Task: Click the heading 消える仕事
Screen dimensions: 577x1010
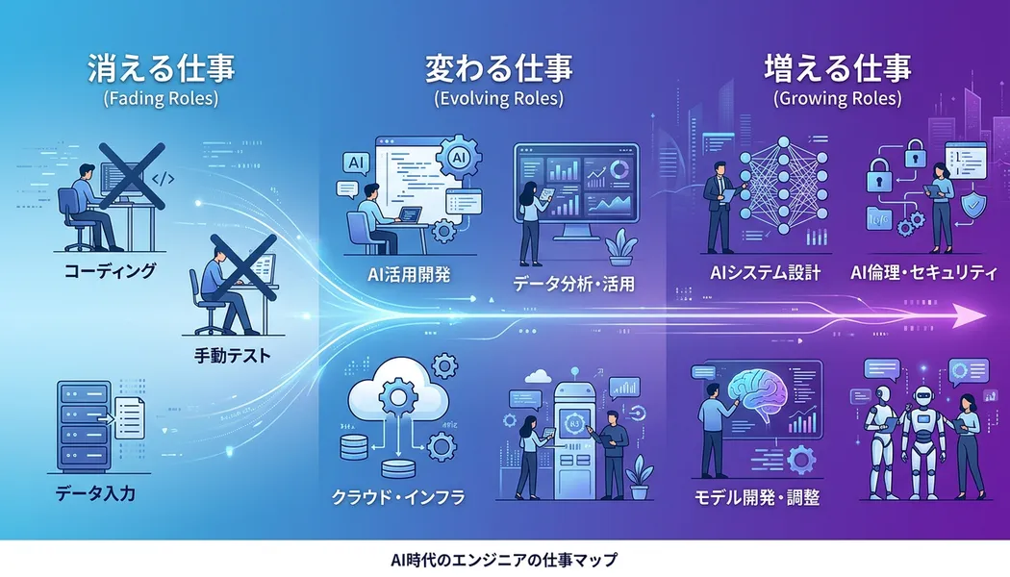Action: click(x=162, y=68)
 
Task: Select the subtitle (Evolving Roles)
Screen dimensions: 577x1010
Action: click(x=499, y=98)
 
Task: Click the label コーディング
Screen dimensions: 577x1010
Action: click(x=110, y=271)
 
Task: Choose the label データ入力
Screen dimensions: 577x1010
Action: click(x=96, y=495)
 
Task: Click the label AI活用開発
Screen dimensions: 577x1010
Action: click(x=410, y=274)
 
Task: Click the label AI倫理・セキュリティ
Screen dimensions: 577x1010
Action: click(x=923, y=273)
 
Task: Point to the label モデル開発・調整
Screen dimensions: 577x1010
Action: click(x=756, y=498)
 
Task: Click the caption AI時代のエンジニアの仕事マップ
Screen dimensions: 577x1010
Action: click(x=504, y=559)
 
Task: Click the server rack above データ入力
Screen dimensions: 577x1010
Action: click(x=82, y=422)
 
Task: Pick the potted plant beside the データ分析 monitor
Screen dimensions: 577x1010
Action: click(x=620, y=245)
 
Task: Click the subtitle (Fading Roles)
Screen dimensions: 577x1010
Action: click(x=162, y=98)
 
